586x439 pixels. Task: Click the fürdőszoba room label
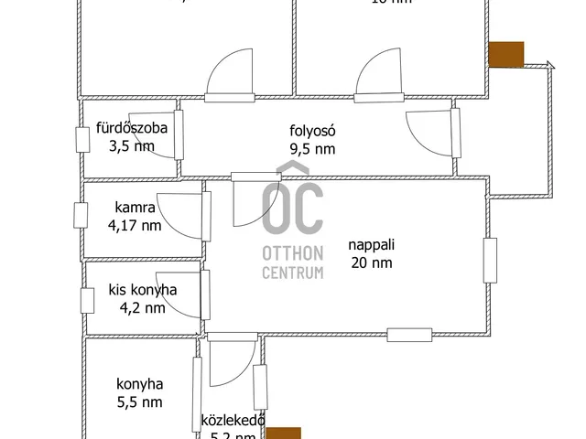(x=132, y=129)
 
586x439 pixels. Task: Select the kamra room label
(x=135, y=208)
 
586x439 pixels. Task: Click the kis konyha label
(x=142, y=290)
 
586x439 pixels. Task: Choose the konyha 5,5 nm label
(x=139, y=384)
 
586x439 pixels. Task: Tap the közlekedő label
(x=233, y=421)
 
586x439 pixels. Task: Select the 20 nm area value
(x=370, y=262)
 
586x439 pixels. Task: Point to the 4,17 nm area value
(x=135, y=225)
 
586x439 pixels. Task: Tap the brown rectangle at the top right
(x=505, y=55)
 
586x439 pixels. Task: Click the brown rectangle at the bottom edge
(x=283, y=434)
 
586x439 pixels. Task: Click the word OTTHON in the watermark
(x=292, y=253)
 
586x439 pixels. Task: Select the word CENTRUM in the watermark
(x=292, y=272)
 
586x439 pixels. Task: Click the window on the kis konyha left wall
(x=88, y=301)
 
